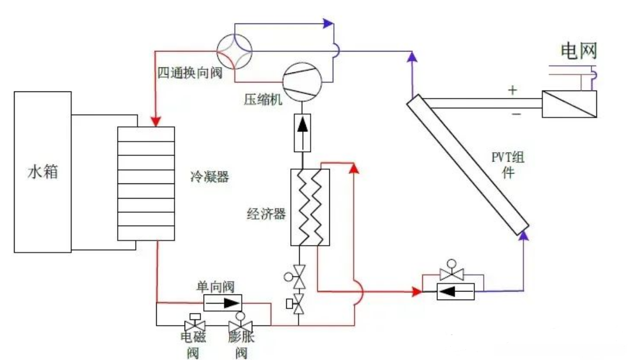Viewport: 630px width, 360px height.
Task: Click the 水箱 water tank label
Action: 42,172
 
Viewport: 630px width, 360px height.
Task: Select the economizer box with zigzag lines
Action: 310,207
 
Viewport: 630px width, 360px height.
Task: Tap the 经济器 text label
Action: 267,214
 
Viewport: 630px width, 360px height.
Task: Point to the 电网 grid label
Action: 579,51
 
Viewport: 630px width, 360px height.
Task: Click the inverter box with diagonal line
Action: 569,104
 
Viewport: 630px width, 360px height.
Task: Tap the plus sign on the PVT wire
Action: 512,90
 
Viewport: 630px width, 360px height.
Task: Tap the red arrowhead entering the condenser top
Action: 156,122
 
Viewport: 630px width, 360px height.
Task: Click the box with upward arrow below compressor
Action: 301,132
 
